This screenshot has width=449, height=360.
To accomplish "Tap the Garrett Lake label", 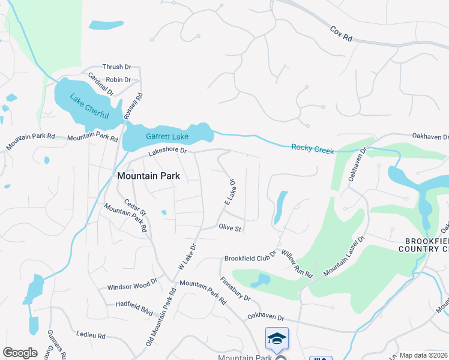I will tap(167, 137).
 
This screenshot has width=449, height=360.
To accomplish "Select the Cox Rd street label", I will tap(341, 33).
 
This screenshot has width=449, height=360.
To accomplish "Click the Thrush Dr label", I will tap(116, 67).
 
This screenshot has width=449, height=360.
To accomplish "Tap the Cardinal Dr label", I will tap(100, 85).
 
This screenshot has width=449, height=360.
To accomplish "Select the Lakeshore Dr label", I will tap(167, 151).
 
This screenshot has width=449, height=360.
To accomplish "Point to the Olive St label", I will tap(229, 229).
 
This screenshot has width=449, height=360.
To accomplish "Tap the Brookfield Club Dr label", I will tap(250, 259).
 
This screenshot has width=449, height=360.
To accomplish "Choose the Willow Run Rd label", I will tap(295, 265).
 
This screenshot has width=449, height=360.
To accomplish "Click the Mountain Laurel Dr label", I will tap(345, 256).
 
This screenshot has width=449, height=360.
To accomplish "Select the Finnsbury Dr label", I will tap(235, 289).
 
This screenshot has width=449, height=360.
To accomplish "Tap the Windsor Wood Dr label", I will tap(131, 287).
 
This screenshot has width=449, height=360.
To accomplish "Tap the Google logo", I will tap(20, 353).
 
